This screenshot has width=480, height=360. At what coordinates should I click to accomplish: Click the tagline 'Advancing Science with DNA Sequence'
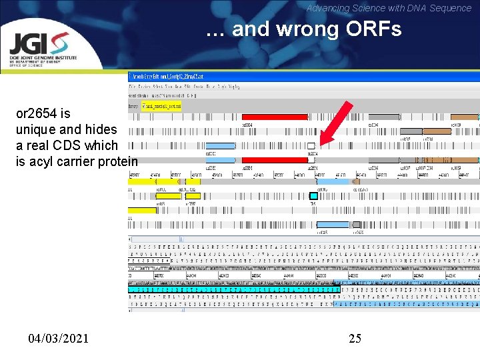click(389, 8)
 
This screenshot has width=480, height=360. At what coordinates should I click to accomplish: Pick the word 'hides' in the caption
click(102, 129)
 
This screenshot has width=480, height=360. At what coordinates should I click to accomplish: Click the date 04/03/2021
click(58, 339)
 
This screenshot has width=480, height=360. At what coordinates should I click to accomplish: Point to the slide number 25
click(355, 339)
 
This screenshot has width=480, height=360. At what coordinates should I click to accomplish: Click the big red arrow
click(333, 124)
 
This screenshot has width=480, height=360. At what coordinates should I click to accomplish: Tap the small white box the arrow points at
click(311, 146)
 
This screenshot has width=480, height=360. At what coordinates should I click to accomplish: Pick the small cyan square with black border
click(313, 195)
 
